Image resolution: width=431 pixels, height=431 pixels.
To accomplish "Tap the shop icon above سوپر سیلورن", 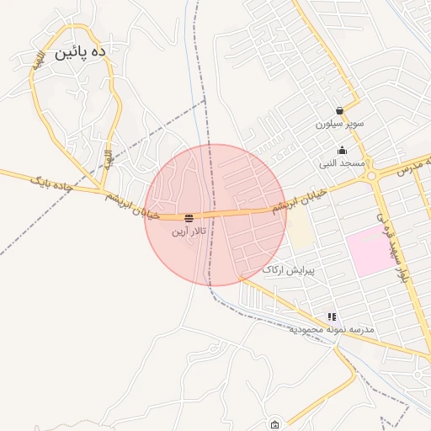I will click(339, 110).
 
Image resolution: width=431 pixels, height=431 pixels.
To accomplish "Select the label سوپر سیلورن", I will click(340, 124).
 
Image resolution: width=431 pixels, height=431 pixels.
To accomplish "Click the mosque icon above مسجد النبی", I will click(341, 151).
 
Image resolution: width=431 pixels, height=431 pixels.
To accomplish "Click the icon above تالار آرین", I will click(188, 217).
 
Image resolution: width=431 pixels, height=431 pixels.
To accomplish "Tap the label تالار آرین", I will click(189, 231).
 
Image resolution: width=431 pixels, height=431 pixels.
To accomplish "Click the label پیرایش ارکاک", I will click(289, 269).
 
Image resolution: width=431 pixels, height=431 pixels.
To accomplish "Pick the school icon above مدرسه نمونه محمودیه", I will click(333, 317).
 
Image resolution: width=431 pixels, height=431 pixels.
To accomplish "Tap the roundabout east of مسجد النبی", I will click(370, 176).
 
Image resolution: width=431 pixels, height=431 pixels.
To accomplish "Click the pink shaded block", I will click(371, 250).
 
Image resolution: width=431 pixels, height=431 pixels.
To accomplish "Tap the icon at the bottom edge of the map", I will click(274, 424).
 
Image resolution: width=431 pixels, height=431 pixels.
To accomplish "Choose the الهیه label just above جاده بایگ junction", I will click(108, 157).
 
